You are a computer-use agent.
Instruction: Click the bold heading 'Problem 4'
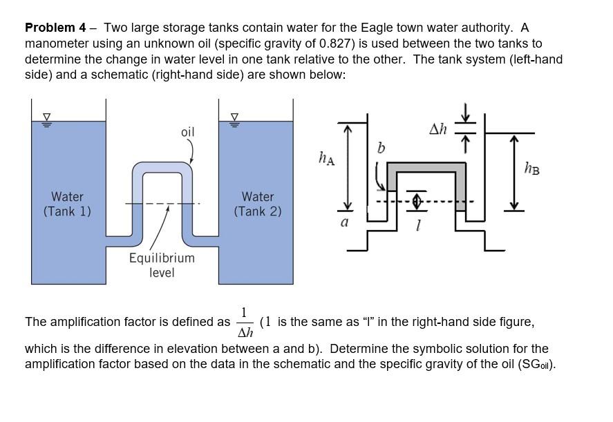point(55,28)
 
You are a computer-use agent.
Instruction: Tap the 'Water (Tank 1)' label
point(67,204)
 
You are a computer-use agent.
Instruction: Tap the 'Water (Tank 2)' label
point(258,204)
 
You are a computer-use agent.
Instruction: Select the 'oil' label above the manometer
point(187,131)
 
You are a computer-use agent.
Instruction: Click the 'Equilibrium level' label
point(162,265)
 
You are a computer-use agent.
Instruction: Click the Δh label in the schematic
point(438,128)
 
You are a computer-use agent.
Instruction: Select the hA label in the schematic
point(326,159)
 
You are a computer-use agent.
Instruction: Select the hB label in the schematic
point(531,168)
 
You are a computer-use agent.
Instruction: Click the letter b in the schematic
point(381,148)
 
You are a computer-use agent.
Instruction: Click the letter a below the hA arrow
point(344,222)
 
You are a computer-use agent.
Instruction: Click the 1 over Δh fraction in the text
point(245,323)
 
